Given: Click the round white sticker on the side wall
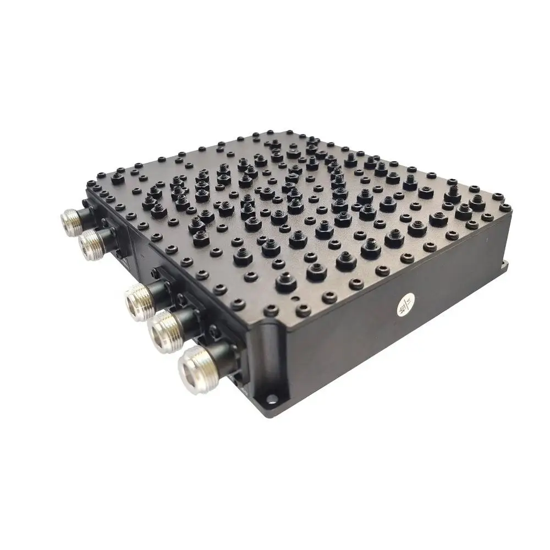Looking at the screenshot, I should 406,306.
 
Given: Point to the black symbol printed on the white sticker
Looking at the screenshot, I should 406,306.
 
